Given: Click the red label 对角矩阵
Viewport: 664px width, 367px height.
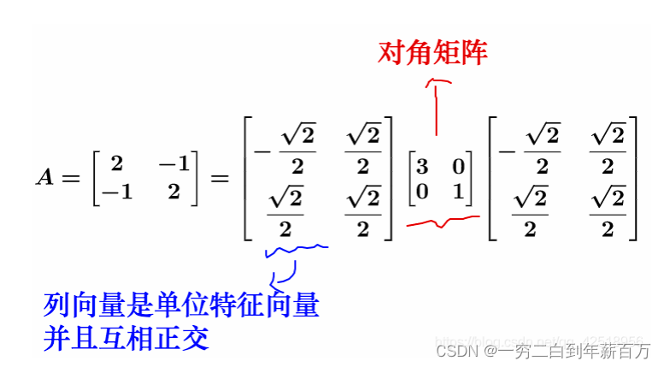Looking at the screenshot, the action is [432, 53].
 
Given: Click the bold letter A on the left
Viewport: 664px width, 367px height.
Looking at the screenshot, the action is [44, 177].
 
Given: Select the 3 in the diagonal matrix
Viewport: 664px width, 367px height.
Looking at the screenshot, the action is [422, 167].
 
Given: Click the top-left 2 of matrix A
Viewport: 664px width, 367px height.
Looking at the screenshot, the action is [116, 163].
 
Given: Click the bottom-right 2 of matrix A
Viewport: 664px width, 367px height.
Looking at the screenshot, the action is [174, 192].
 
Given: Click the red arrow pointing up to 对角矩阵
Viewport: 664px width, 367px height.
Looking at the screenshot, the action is [438, 103].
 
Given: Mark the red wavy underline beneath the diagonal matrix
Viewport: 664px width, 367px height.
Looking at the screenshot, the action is [443, 223].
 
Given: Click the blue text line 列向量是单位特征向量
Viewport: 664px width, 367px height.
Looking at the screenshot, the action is [181, 305].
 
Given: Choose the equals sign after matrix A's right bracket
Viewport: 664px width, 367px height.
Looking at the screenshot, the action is [220, 178].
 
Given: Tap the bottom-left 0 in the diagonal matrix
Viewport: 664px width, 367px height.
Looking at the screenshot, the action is [422, 192].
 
